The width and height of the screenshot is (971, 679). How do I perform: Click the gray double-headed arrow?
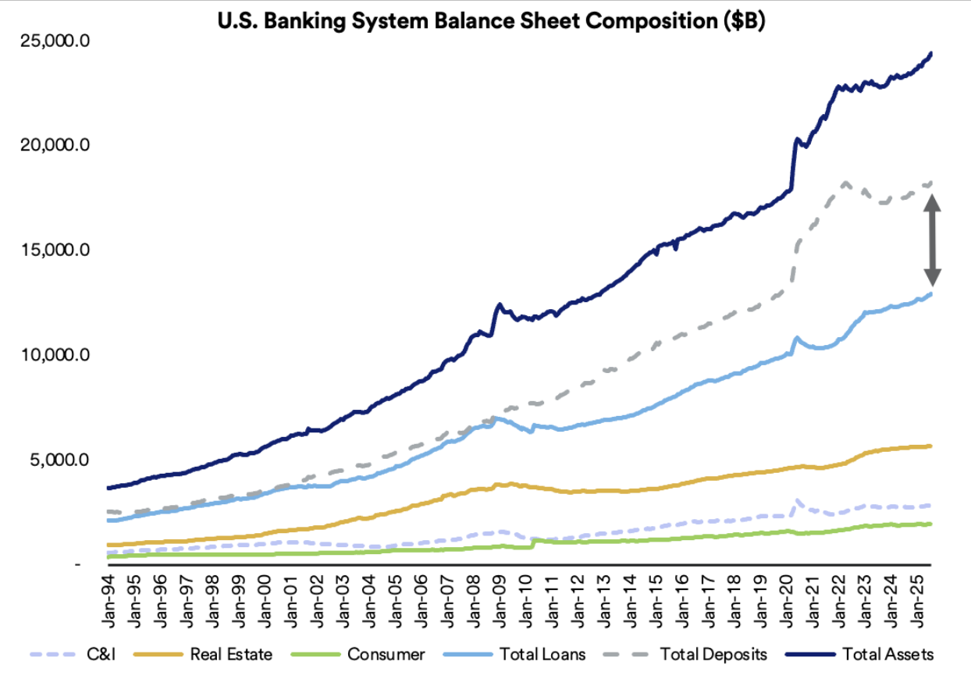[x=933, y=240]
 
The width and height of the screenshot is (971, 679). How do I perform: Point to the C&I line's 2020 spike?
[x=797, y=500]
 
